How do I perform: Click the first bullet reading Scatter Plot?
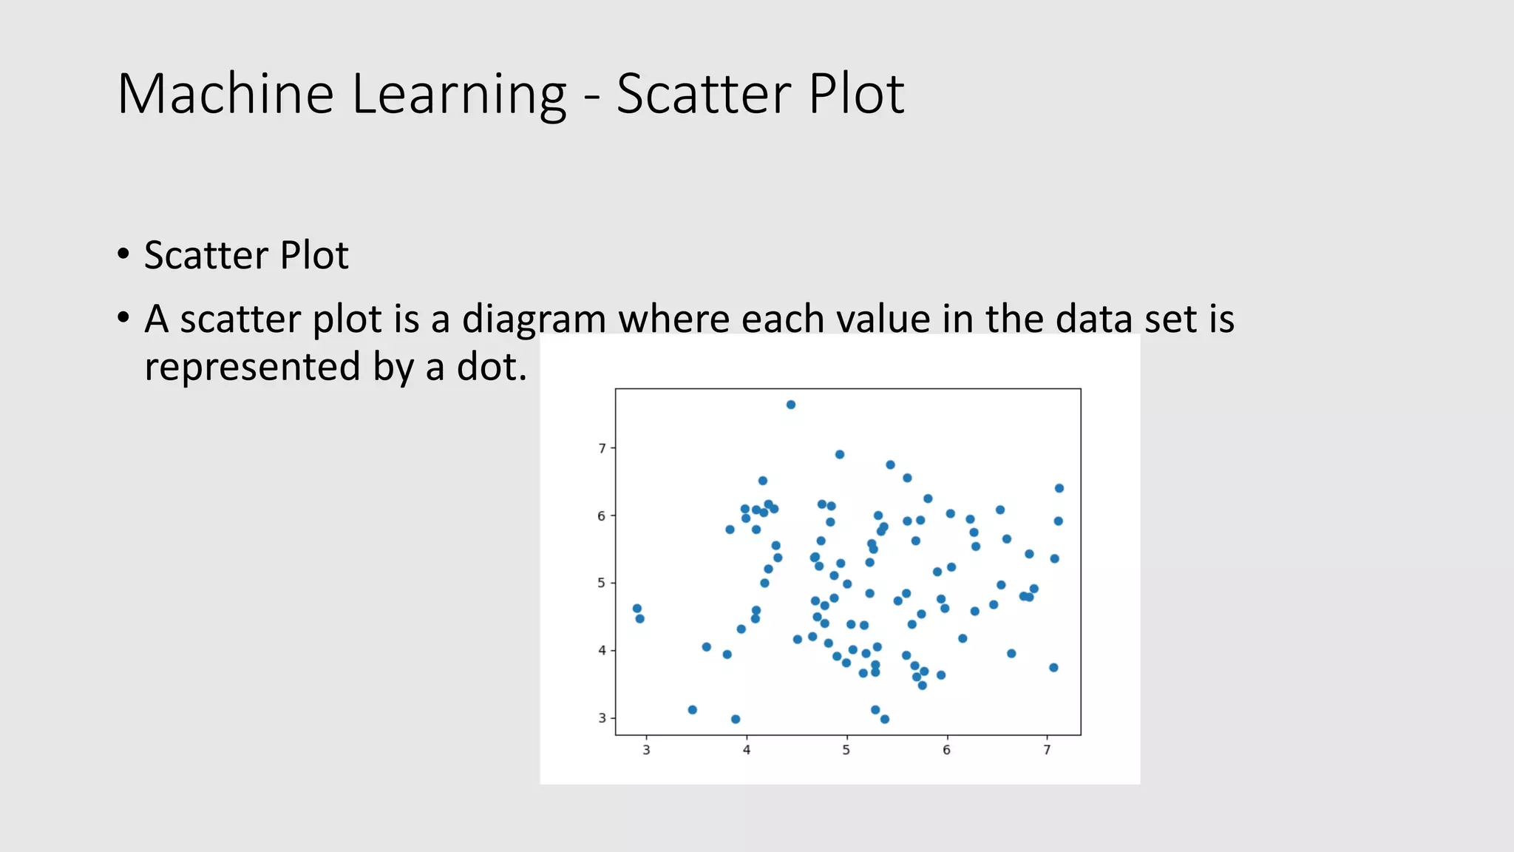tap(245, 255)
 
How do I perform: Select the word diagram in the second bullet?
tap(534, 319)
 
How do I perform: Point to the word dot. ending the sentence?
tap(492, 367)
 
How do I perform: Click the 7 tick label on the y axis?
tap(602, 448)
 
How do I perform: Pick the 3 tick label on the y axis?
tap(602, 718)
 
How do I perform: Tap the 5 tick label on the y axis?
tap(602, 583)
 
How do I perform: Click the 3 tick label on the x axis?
tap(646, 750)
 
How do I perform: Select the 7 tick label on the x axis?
tap(1047, 750)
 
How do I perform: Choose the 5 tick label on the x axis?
tap(846, 750)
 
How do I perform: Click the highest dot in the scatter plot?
tap(790, 405)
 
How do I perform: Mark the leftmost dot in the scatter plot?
tap(637, 609)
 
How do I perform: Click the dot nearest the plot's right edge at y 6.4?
tap(1059, 488)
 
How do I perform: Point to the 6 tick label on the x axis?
tap(946, 750)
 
